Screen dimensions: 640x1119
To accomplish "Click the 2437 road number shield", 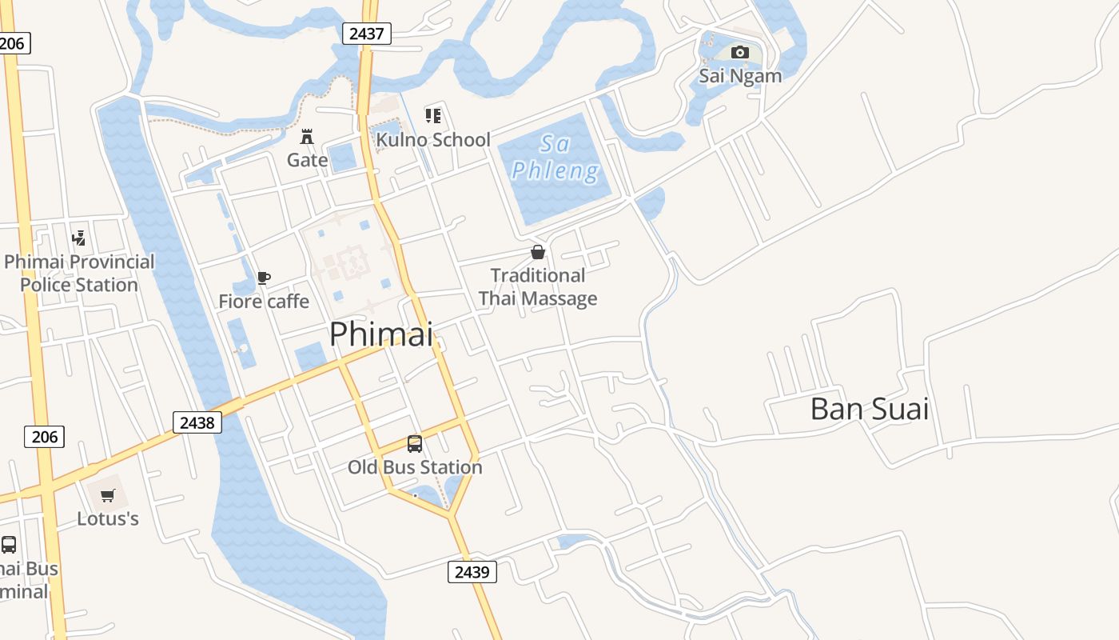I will pos(367,34).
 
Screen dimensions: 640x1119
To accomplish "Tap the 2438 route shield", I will pos(197,422).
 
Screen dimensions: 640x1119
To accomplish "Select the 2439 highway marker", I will pos(472,572).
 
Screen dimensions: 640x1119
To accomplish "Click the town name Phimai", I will pos(381,334).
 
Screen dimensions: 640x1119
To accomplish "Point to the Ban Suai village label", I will pos(870,409).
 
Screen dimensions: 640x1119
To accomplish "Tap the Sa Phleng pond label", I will pos(555,158).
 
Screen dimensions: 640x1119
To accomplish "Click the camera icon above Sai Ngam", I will pos(740,53).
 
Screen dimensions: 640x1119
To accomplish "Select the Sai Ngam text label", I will pos(740,76).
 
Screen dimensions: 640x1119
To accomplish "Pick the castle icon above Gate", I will pos(307,136).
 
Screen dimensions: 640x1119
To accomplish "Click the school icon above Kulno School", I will pos(433,116).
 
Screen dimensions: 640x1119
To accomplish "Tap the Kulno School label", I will pos(433,140).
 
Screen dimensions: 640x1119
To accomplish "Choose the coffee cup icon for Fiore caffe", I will pos(264,278).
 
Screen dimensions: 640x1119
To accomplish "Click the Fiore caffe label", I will pos(264,302).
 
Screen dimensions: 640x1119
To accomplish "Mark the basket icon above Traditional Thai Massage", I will pos(538,253).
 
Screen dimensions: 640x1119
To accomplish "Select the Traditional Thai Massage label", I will pos(538,287).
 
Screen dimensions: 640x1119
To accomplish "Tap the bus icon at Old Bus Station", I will pos(415,444).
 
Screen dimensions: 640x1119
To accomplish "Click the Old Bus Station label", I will pos(415,467).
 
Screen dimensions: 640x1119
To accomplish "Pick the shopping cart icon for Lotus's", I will pos(108,496).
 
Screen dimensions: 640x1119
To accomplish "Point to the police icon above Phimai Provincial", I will pos(78,238).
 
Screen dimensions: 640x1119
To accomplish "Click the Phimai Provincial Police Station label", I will pos(79,274).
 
